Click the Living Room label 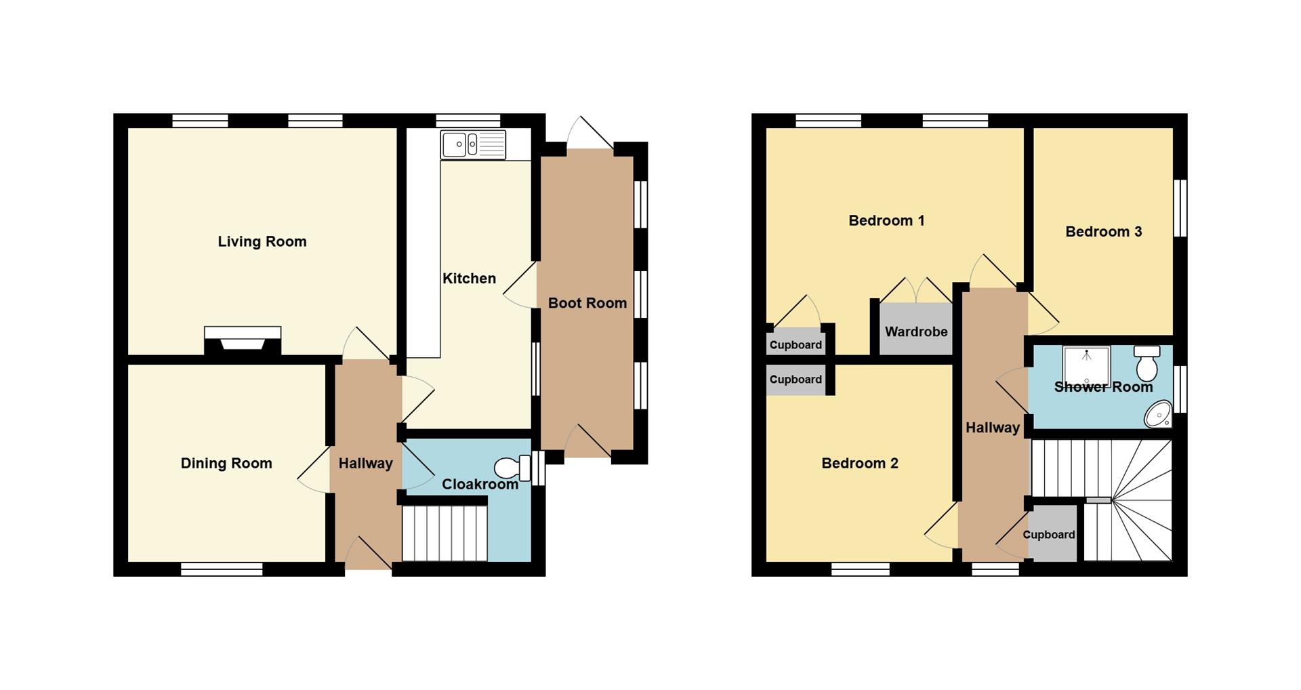pyautogui.click(x=262, y=242)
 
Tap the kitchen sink pyautogui.click(x=473, y=144)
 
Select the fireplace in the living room pyautogui.click(x=243, y=340)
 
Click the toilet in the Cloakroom pyautogui.click(x=513, y=468)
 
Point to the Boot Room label pyautogui.click(x=587, y=303)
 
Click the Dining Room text pyautogui.click(x=226, y=464)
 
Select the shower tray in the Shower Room pyautogui.click(x=1086, y=366)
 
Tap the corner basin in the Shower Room pyautogui.click(x=1159, y=414)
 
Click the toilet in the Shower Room pyautogui.click(x=1147, y=363)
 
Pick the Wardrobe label pyautogui.click(x=916, y=332)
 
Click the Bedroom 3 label pyautogui.click(x=1104, y=232)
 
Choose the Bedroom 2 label pyautogui.click(x=860, y=464)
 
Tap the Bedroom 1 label pyautogui.click(x=886, y=221)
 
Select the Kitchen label pyautogui.click(x=469, y=279)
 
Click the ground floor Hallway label pyautogui.click(x=366, y=464)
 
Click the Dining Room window pyautogui.click(x=222, y=569)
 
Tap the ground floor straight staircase pyautogui.click(x=445, y=533)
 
